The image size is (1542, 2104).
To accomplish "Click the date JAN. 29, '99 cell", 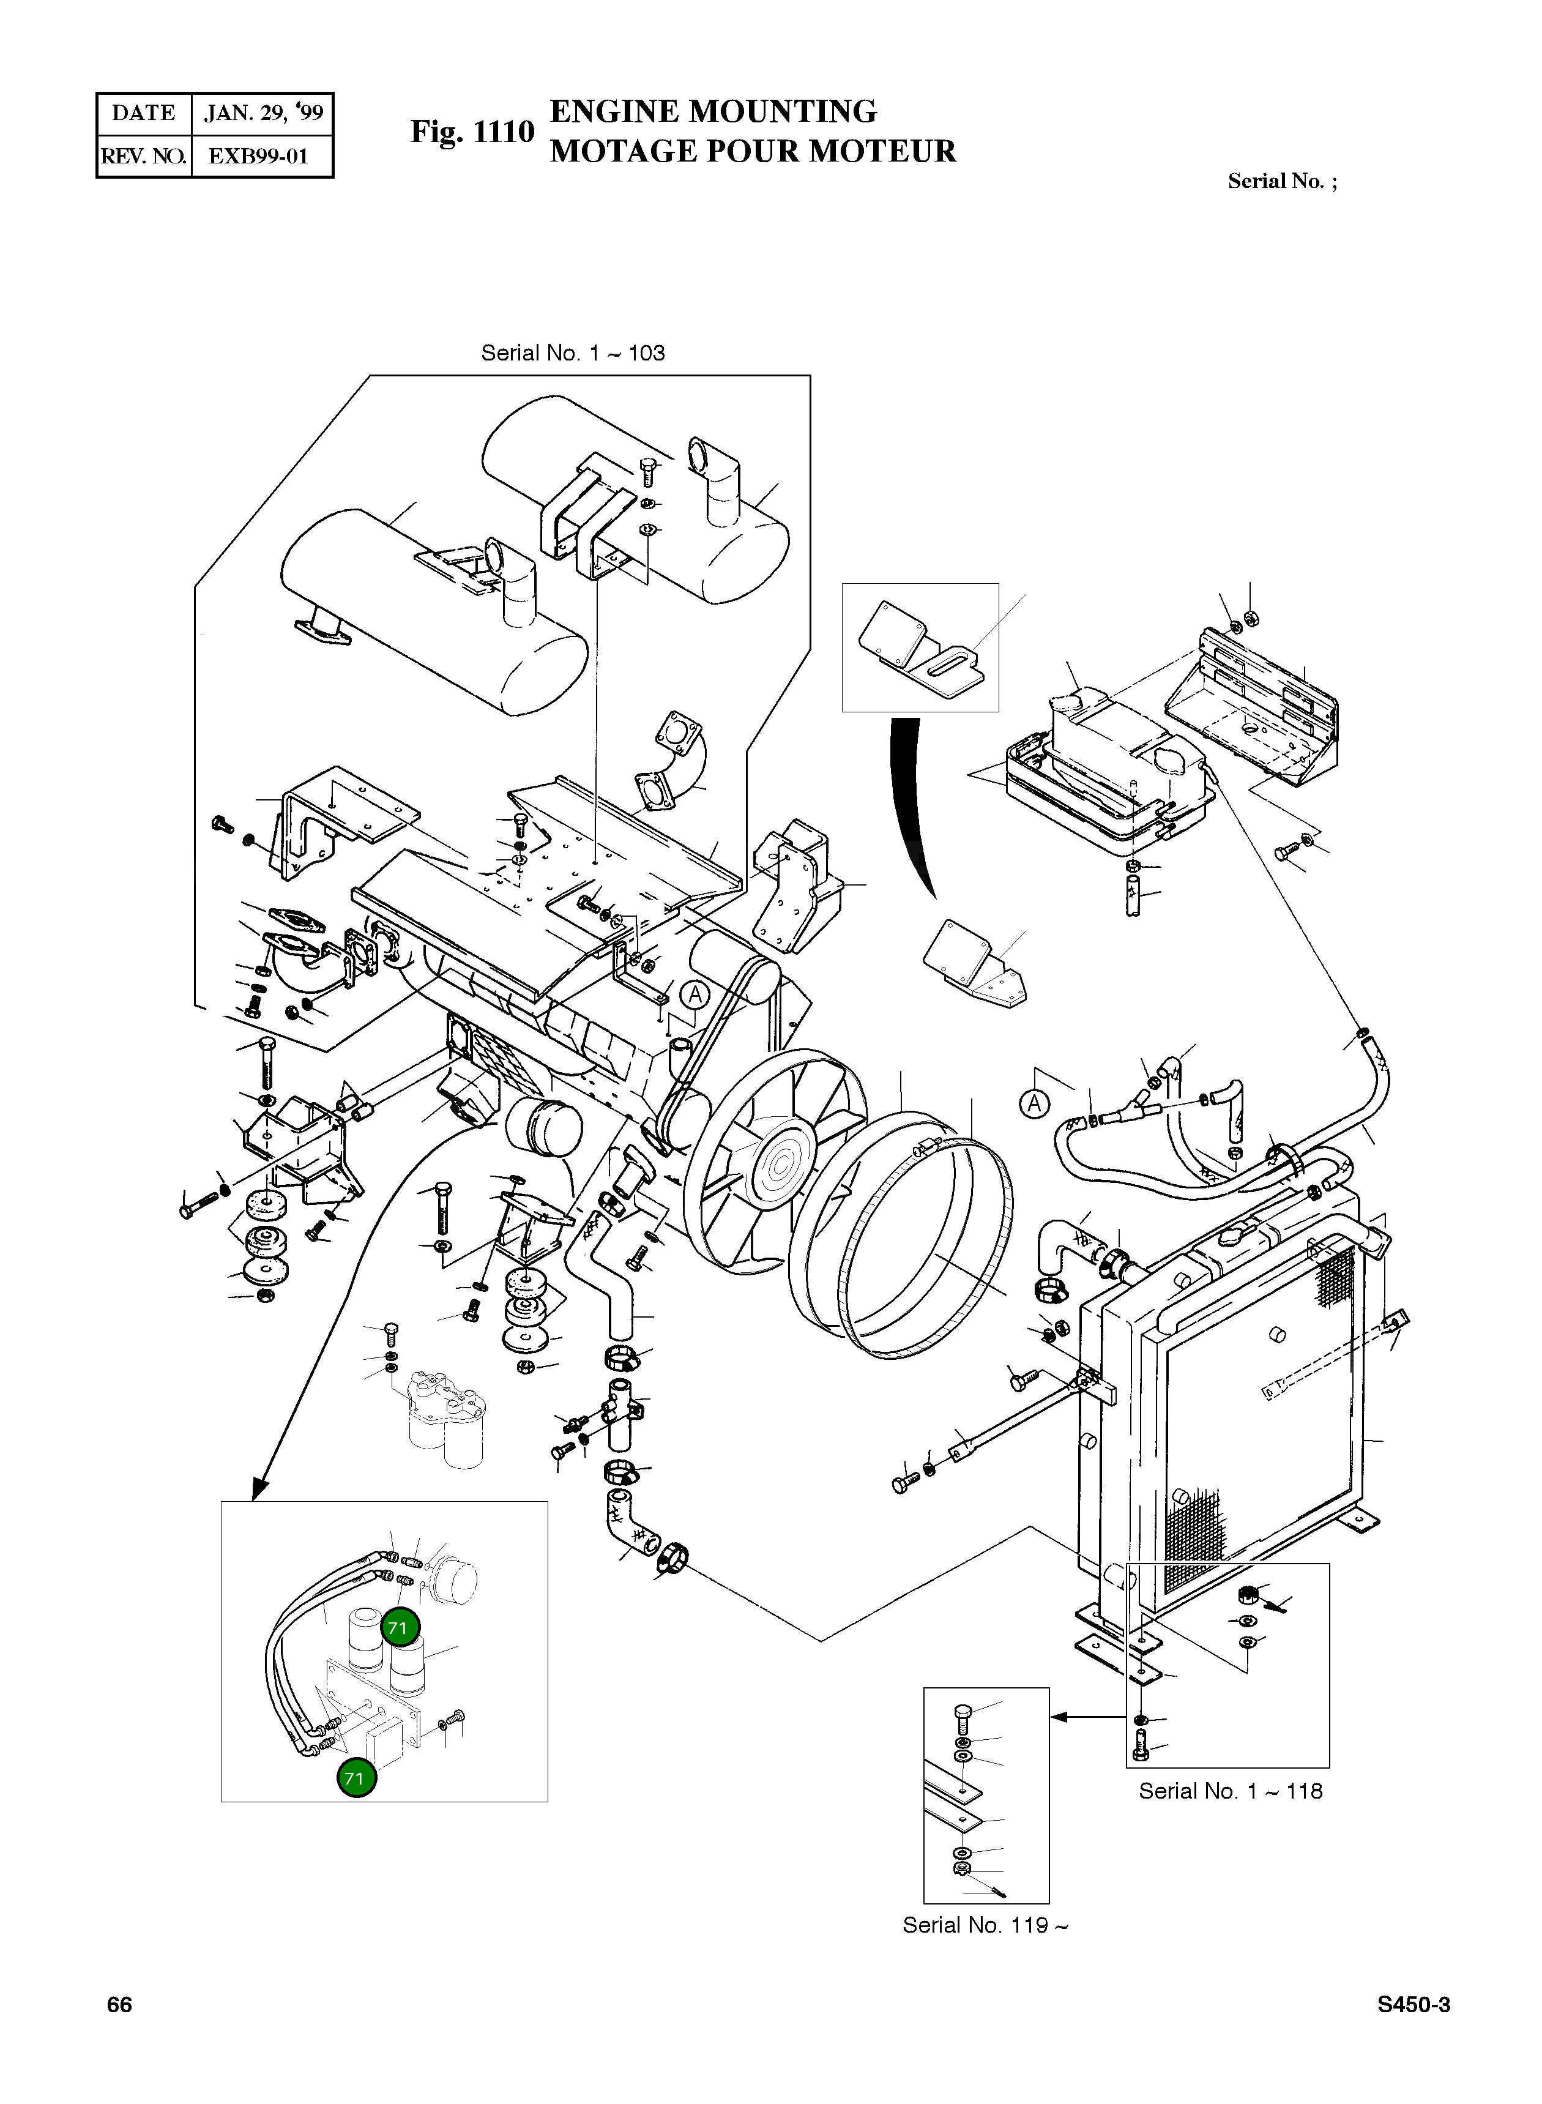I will pyautogui.click(x=263, y=114).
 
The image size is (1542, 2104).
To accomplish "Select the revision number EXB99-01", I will pyautogui.click(x=259, y=156).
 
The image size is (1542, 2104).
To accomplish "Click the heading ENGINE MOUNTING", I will pyautogui.click(x=713, y=111).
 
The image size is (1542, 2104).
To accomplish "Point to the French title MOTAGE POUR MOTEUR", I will pyautogui.click(x=752, y=151).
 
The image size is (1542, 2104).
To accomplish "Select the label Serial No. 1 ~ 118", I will pyautogui.click(x=1231, y=1791).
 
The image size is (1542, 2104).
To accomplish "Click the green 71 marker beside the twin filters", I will pyautogui.click(x=400, y=1629).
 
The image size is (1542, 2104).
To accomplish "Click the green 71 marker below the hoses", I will pyautogui.click(x=356, y=1778).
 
